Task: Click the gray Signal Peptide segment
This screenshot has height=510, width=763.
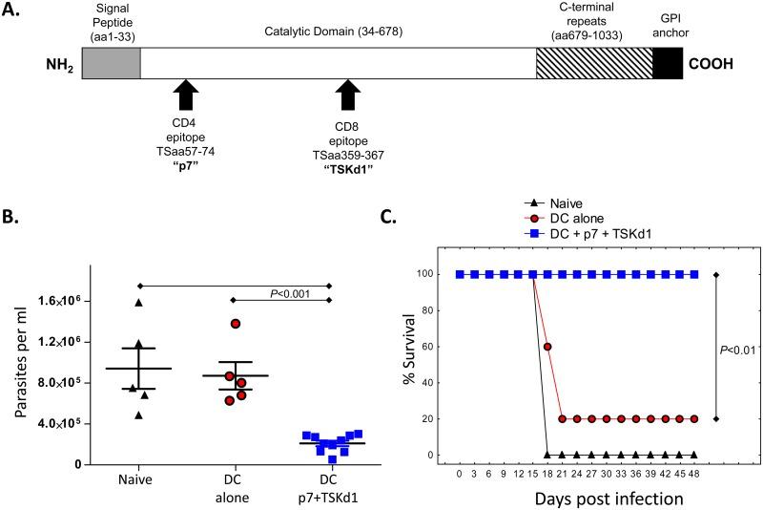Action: pos(111,63)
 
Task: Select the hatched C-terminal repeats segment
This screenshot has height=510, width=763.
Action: pos(593,63)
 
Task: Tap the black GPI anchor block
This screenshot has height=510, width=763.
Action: pos(667,63)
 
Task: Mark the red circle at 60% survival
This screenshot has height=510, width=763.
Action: pos(547,347)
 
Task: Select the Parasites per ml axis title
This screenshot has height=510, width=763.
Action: pos(19,375)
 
